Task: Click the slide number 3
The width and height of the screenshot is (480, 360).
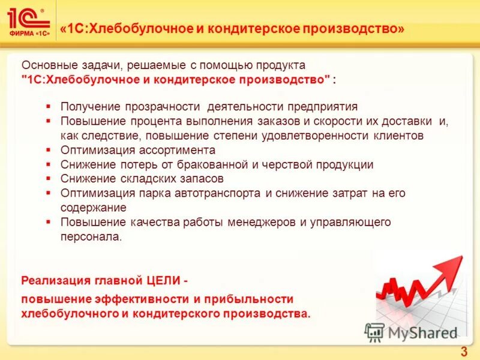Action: [463, 352]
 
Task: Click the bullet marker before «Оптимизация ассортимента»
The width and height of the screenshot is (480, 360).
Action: [48, 150]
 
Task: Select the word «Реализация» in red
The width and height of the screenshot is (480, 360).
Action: [55, 280]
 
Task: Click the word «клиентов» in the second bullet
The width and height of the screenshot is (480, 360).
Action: [396, 136]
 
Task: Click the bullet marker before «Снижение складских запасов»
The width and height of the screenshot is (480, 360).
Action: [48, 179]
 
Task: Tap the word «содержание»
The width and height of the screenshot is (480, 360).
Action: [93, 208]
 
